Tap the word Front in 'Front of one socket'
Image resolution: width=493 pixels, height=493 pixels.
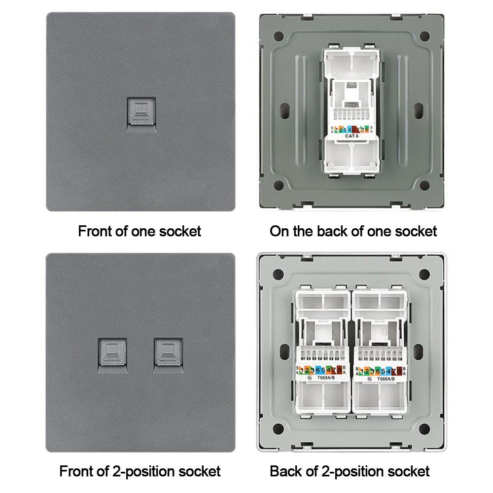(x=96, y=231)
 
